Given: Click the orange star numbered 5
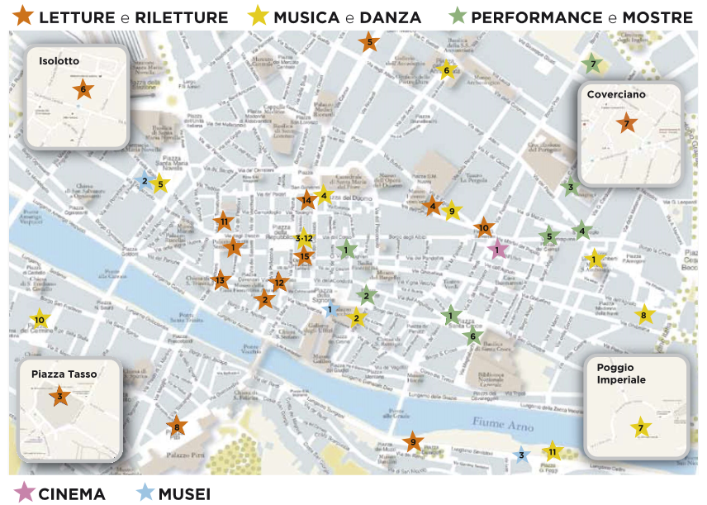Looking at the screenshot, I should (x=368, y=42).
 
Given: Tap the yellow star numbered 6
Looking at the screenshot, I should (x=446, y=71).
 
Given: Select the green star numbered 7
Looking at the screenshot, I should (x=591, y=64).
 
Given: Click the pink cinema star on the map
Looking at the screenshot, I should (x=497, y=249).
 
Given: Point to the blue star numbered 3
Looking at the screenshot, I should (x=520, y=455).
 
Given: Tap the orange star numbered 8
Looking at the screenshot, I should (x=176, y=426).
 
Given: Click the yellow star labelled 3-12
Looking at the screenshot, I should (x=303, y=238).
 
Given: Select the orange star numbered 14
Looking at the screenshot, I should (x=306, y=199).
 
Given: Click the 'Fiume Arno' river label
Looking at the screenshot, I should (x=504, y=422).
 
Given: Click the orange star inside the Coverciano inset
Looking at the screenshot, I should (x=626, y=124).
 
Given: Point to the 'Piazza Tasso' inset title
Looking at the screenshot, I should (x=64, y=374).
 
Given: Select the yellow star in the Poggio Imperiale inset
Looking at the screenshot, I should (x=640, y=428).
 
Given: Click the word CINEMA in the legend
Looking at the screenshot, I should (x=72, y=494).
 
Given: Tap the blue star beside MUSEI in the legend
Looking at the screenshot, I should (x=145, y=493).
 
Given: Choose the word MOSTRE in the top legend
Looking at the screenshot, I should (x=657, y=17).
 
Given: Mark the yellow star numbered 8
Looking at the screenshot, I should (x=643, y=315).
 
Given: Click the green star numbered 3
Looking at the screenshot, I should (x=569, y=187).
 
